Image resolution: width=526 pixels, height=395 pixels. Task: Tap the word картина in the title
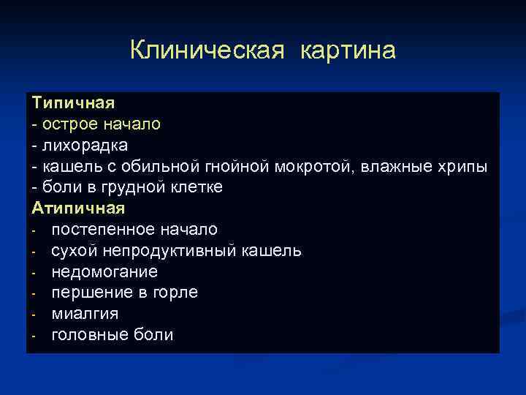point(347,50)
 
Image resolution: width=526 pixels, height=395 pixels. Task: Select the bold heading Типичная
point(73,103)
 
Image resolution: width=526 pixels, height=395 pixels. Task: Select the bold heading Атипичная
point(78,208)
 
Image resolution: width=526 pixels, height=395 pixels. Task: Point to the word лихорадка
point(84,146)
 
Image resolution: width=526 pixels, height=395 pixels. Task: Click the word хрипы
point(460,167)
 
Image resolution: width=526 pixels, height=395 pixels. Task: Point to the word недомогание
point(104,272)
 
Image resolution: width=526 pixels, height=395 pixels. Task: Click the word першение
point(89,293)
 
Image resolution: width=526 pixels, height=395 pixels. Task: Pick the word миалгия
point(85,314)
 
